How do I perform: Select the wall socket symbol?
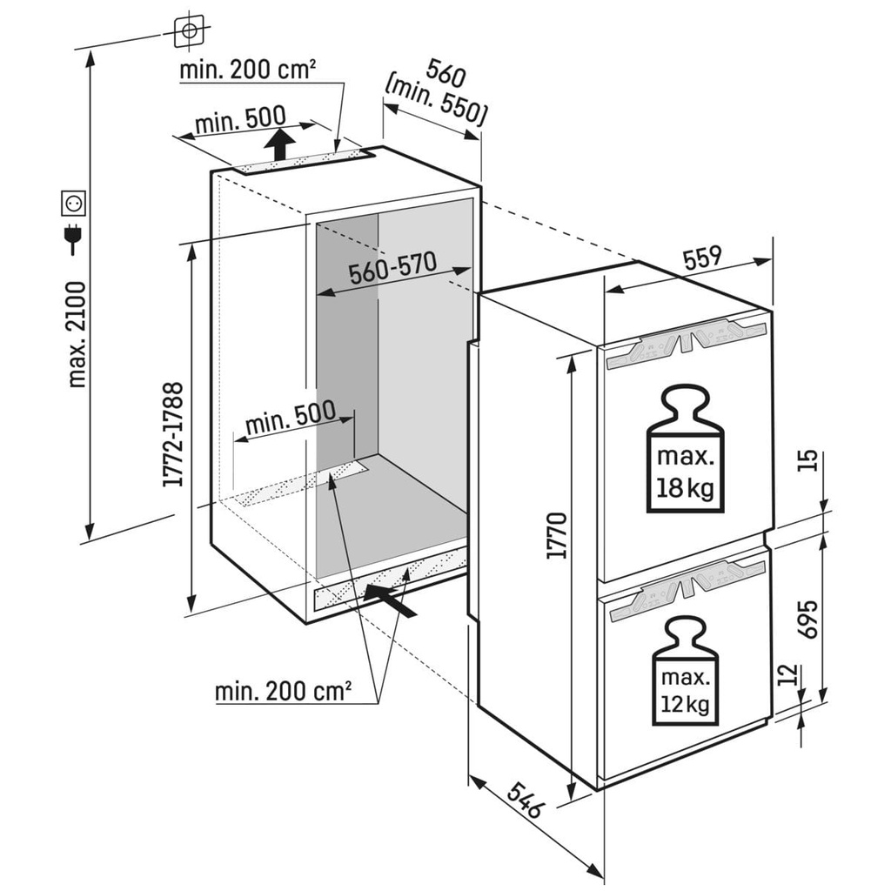73,204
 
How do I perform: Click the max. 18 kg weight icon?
684,449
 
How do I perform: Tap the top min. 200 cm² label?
247,70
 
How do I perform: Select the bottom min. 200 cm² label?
284,692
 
